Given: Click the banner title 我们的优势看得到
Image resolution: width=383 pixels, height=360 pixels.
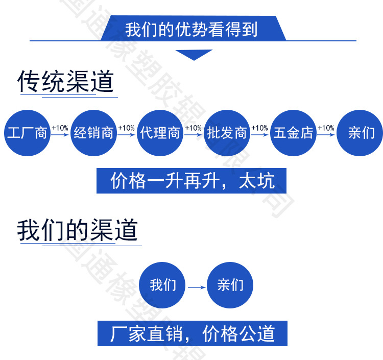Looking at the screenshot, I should point(192,29).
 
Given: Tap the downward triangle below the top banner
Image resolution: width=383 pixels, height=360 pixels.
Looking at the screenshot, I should point(194,54).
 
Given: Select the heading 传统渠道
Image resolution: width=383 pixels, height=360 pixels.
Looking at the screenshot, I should point(65,82).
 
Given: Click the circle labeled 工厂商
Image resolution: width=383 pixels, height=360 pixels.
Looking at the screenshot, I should point(27,133).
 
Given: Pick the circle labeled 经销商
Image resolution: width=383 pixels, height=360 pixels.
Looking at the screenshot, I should point(93,133).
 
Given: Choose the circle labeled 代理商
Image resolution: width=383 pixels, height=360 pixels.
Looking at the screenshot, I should point(160,133).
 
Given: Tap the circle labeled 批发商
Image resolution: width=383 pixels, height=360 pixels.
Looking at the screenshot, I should point(227,133).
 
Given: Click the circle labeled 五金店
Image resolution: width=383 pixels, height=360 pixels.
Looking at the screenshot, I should point(293,133).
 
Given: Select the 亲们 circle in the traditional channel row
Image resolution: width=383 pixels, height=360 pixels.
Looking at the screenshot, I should point(360,133).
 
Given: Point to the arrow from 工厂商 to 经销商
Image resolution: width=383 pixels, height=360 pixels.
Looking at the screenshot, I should point(60,135).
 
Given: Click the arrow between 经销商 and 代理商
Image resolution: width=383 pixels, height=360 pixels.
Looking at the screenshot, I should point(127,135).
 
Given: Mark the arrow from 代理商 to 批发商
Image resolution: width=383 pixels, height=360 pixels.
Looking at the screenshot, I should point(194,135).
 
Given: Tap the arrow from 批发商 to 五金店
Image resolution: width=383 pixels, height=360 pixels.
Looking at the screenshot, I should point(260,135).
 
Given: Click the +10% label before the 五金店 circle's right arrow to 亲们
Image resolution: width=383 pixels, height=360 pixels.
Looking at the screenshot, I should point(326,128).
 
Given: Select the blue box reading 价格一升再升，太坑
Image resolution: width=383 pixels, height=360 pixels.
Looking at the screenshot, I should point(192,181).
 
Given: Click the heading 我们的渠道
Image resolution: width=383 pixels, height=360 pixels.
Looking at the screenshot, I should point(77,230).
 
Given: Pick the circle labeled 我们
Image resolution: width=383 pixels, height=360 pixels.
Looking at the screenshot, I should point(163,285).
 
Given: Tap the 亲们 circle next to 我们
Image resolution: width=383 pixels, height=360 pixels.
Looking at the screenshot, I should point(230,285).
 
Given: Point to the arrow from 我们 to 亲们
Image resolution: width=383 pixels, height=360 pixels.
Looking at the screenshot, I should point(197,287).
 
